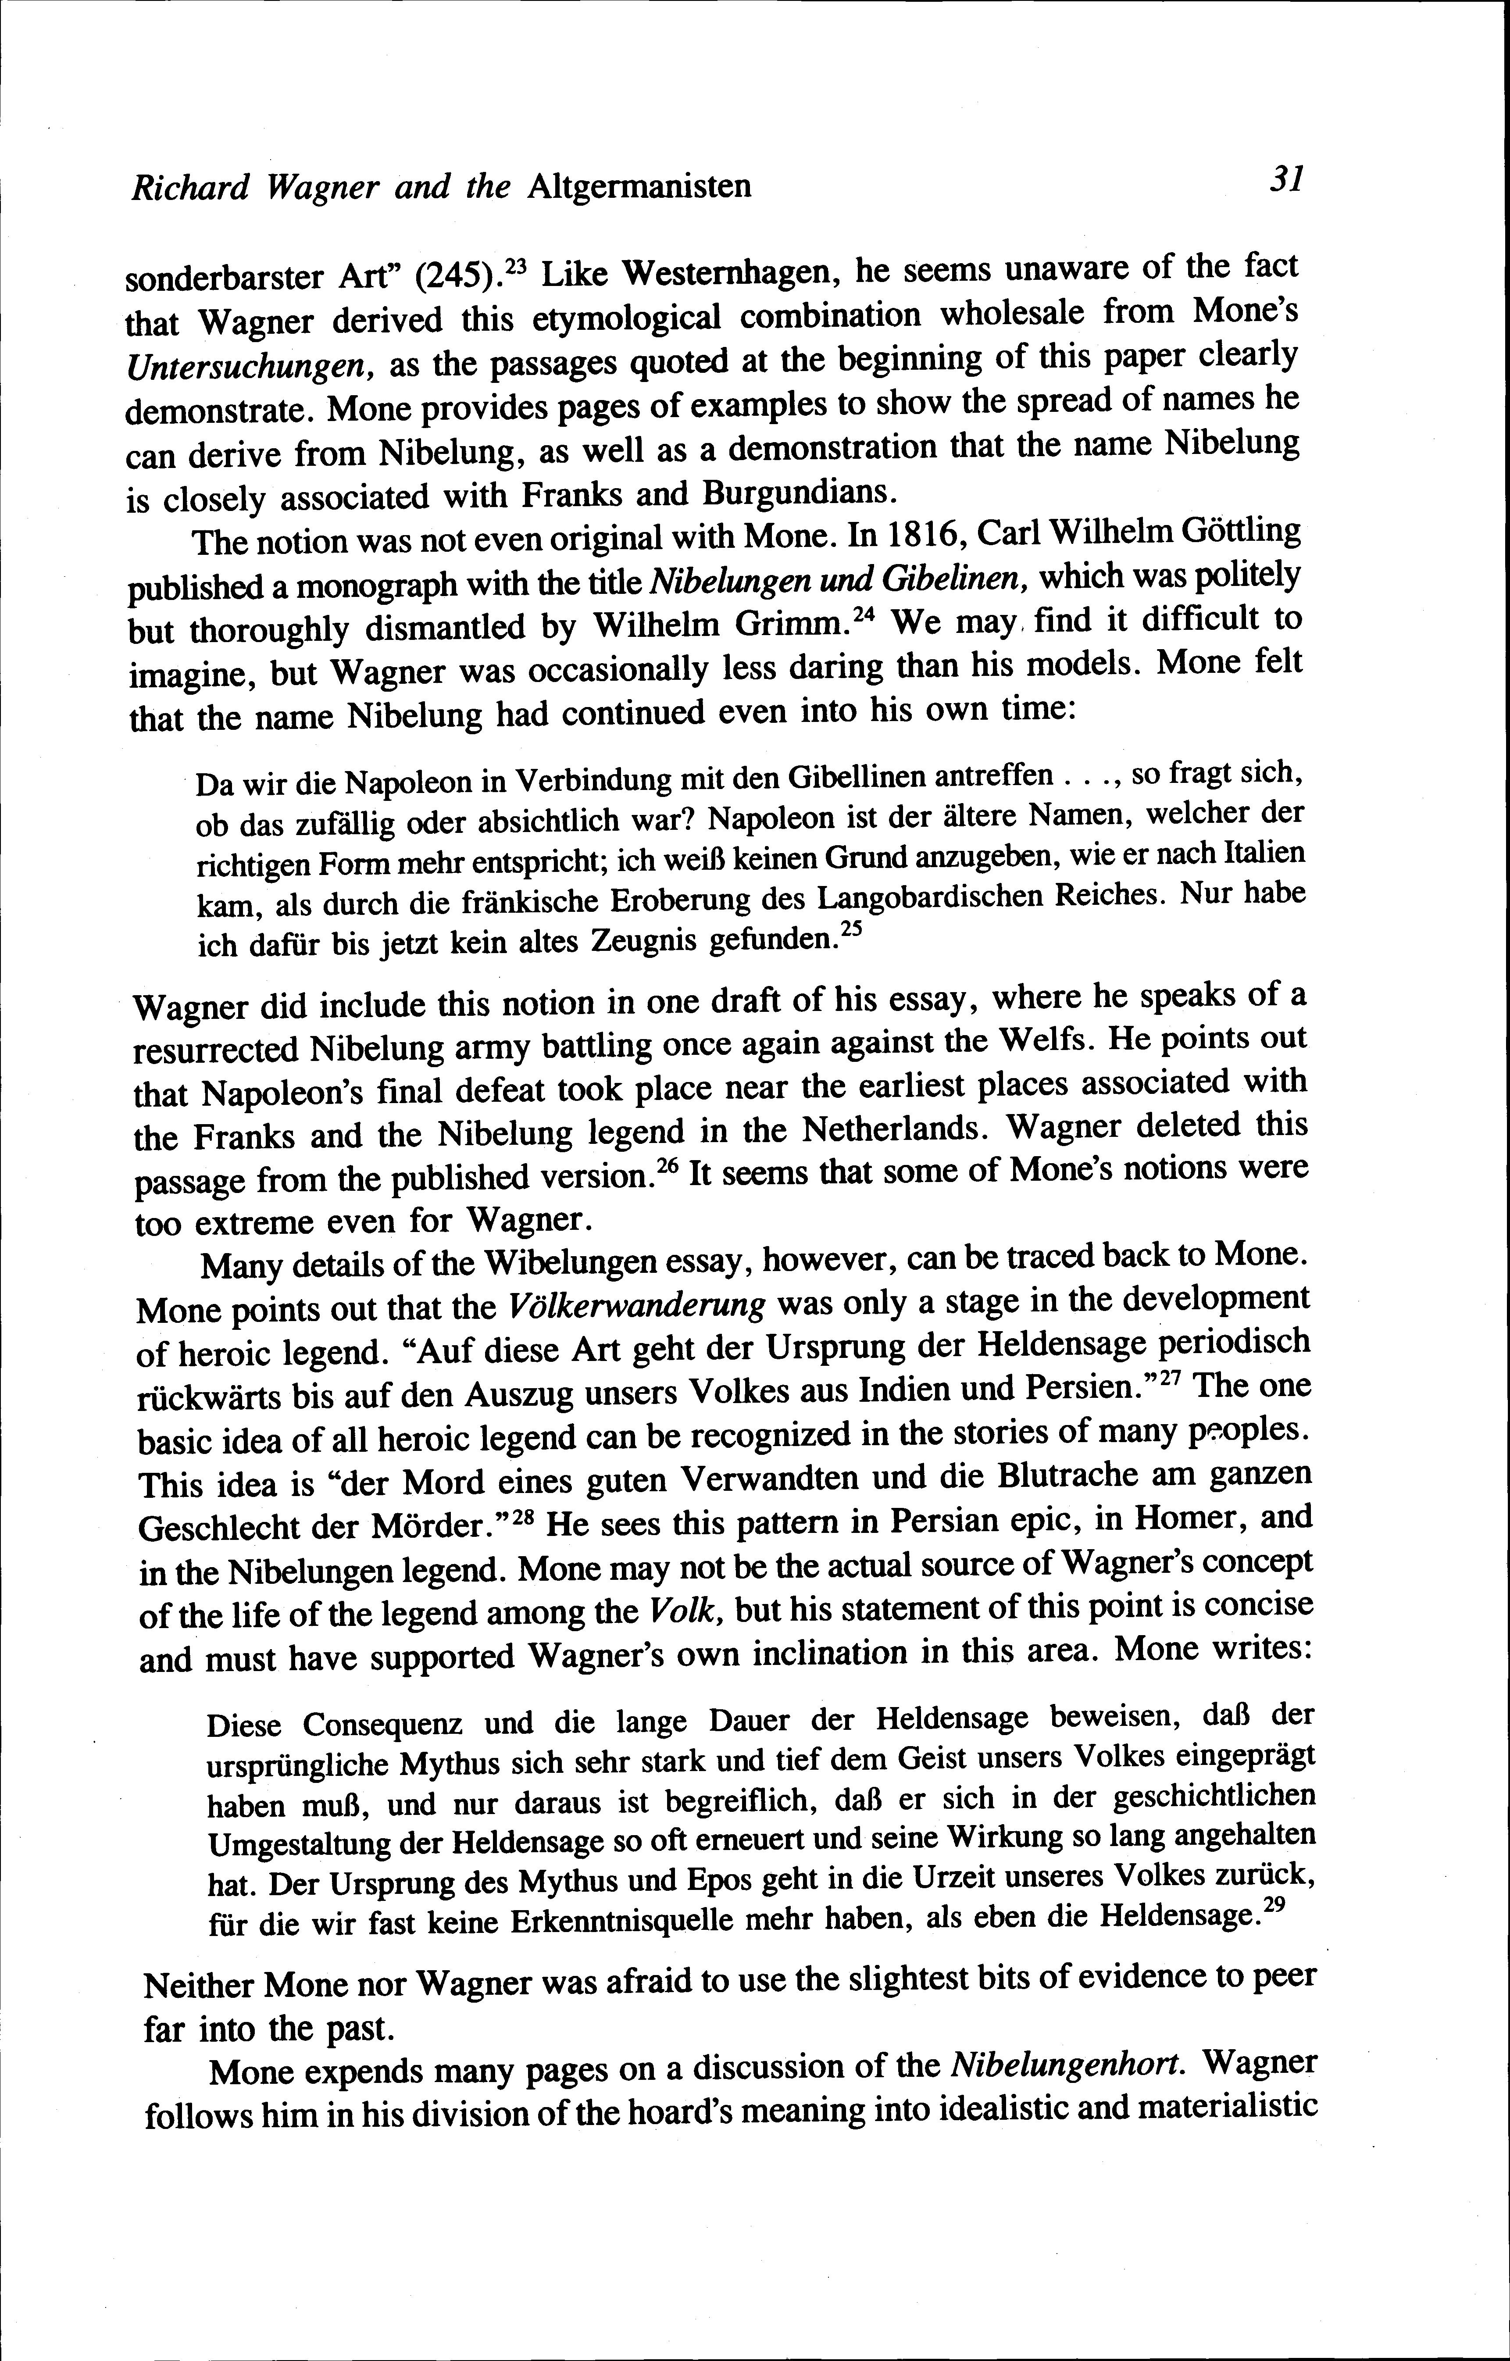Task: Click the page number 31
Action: [1285, 179]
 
